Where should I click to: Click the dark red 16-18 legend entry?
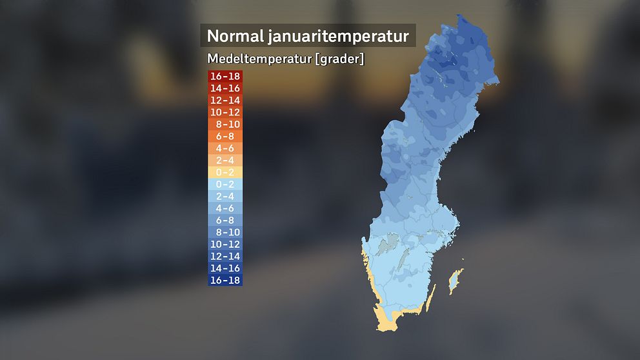(x=225, y=77)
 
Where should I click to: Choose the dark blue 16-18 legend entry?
(x=225, y=280)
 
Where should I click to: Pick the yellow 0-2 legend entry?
(x=225, y=172)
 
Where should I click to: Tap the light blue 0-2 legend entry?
(x=225, y=185)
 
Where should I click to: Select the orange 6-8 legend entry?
(x=225, y=136)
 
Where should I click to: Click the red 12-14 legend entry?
(x=225, y=101)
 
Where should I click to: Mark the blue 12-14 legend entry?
(x=225, y=256)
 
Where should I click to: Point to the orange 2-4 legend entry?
(x=225, y=160)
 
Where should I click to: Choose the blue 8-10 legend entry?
(x=225, y=232)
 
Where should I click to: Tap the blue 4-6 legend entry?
(x=225, y=208)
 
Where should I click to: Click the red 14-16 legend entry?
(x=225, y=88)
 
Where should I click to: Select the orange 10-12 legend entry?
(x=225, y=112)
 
